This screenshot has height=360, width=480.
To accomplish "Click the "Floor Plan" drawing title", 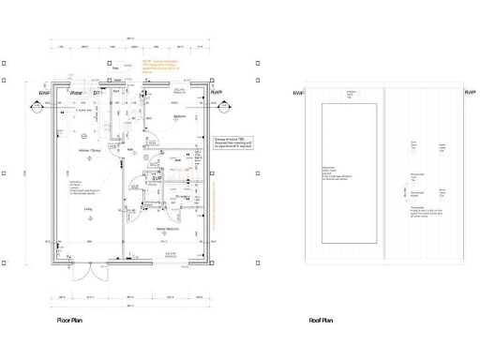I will coord(73,321).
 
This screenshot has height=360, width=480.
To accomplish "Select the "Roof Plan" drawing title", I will coord(321,321).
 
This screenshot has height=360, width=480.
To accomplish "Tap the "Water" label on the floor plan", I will coord(77,94).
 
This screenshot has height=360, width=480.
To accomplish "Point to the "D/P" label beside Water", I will coord(97,94).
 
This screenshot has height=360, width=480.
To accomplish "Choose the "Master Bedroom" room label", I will coord(169,228).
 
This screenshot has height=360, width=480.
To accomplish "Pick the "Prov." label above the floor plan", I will coord(114,67).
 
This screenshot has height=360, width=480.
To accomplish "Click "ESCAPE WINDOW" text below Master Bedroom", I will coord(172,255).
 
